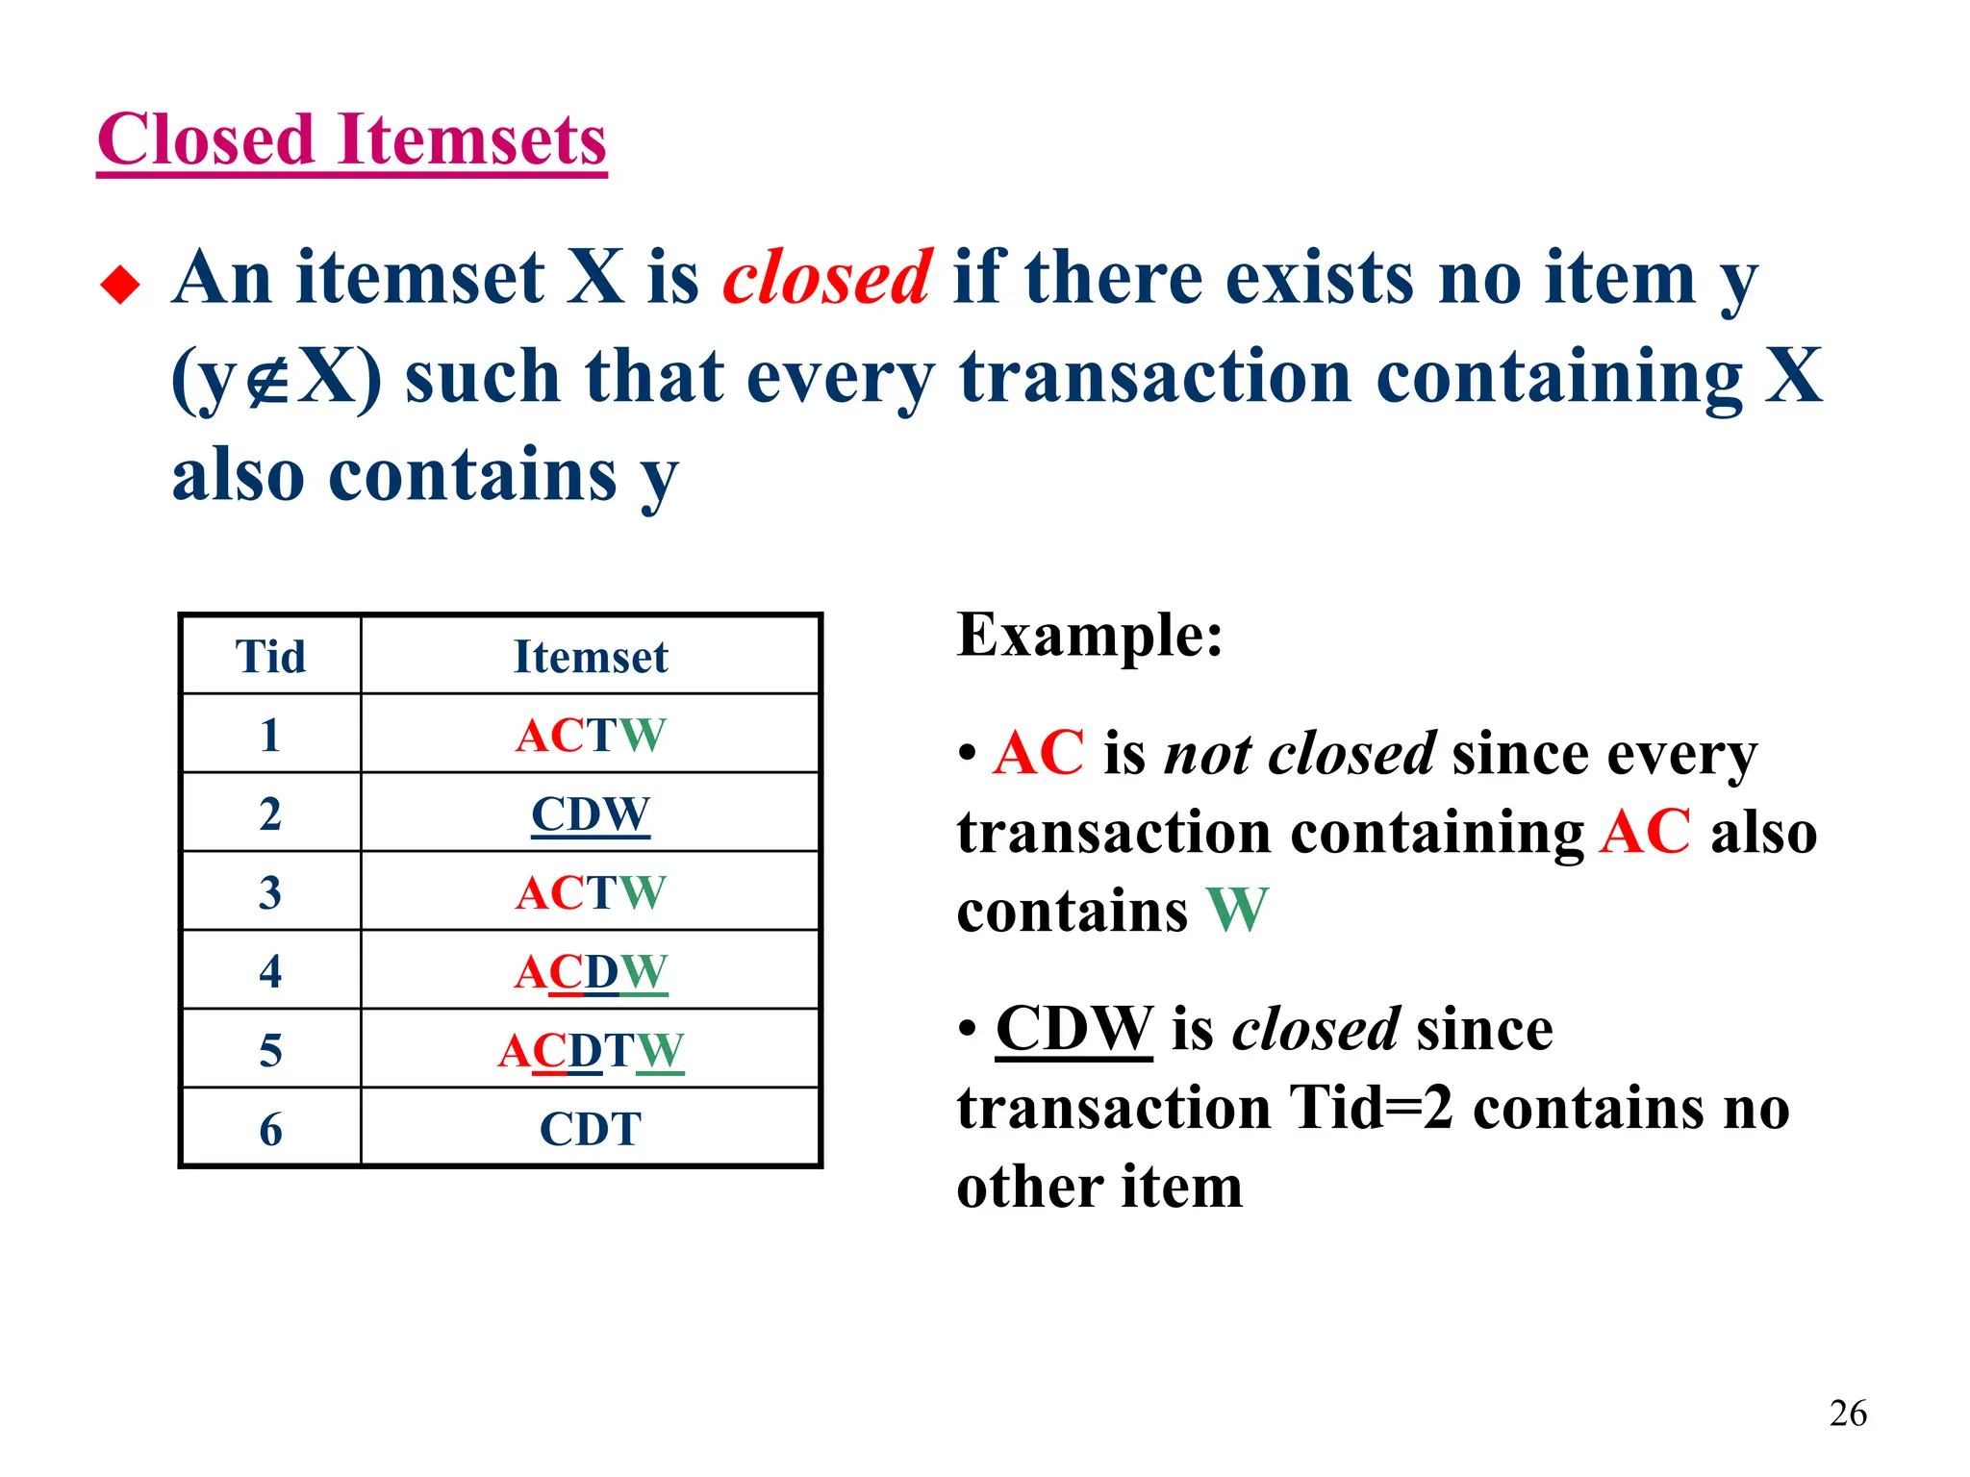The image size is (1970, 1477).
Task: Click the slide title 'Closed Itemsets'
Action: coord(352,140)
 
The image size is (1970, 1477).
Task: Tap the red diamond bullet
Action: coord(120,285)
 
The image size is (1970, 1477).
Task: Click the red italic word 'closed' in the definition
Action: coord(826,278)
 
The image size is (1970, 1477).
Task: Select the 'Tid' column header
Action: coord(270,657)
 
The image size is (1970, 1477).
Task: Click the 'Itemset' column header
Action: coord(590,657)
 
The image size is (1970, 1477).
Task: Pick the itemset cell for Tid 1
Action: coord(590,736)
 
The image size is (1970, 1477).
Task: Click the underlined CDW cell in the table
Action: coord(590,814)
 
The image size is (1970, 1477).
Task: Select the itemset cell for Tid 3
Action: coord(590,893)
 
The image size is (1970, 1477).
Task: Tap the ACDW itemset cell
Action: coord(590,972)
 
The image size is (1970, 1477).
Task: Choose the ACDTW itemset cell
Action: coord(590,1051)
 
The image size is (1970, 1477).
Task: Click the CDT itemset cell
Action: coord(590,1129)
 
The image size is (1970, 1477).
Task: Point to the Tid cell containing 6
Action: coord(270,1129)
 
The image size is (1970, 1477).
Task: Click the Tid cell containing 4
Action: coord(270,972)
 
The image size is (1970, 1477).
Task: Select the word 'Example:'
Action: coord(1089,636)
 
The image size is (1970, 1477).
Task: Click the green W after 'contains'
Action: coord(1237,910)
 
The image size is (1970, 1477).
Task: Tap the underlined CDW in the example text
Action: coord(1073,1029)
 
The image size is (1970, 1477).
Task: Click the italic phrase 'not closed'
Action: coord(1300,753)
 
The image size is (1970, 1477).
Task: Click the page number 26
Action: coord(1847,1414)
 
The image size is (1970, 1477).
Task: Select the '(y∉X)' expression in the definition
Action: coord(276,377)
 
